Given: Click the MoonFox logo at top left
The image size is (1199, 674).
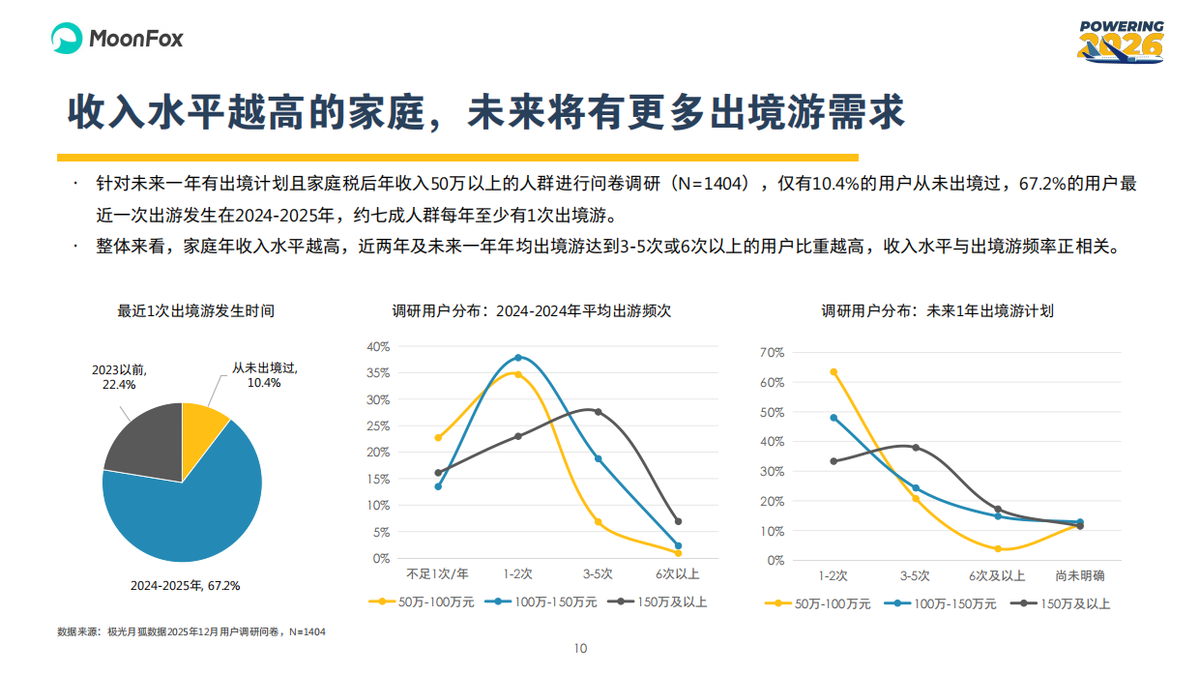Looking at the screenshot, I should click(116, 39).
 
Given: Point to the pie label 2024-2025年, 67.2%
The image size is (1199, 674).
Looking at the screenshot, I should click(185, 585).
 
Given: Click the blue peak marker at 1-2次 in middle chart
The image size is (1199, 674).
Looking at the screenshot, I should click(518, 358).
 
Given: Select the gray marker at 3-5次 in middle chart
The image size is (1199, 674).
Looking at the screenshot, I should click(598, 412).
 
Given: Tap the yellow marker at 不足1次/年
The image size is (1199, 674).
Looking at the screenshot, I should click(438, 438).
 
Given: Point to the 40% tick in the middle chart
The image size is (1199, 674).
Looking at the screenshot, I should click(378, 346).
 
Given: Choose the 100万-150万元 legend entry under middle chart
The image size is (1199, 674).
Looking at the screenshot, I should click(542, 601).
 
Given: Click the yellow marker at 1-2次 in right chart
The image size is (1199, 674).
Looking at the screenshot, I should click(833, 371).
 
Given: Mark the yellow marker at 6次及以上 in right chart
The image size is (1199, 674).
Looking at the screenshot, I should click(998, 549).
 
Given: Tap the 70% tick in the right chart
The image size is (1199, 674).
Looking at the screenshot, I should click(772, 352).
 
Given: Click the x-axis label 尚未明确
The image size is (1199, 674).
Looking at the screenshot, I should click(1079, 575).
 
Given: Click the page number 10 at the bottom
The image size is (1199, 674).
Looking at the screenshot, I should click(580, 648).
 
